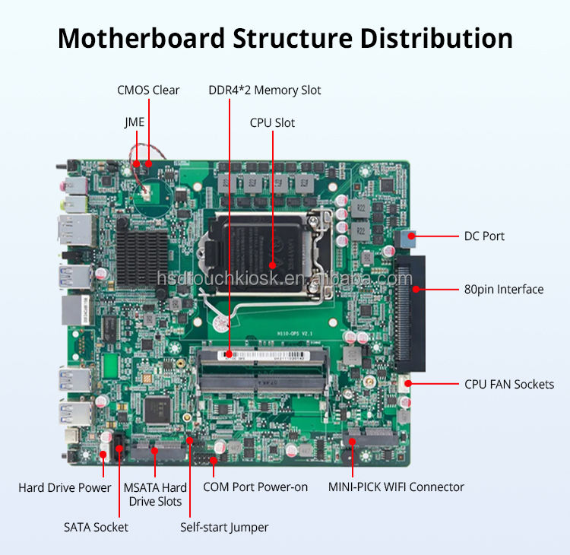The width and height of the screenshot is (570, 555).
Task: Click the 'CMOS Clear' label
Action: (148, 90)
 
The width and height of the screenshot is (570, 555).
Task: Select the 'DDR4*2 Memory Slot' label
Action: (264, 90)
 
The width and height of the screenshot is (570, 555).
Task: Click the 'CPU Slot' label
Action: (272, 122)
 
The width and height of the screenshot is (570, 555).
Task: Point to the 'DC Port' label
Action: (484, 236)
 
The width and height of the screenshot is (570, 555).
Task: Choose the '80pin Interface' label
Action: (504, 289)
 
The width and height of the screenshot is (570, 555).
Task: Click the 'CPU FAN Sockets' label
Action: (509, 384)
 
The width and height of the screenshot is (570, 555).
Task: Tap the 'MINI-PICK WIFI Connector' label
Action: (396, 487)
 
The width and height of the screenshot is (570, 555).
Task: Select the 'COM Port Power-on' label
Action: (255, 487)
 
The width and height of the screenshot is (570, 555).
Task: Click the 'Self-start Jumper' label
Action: (224, 527)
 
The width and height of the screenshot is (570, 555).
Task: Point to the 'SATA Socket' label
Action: (96, 527)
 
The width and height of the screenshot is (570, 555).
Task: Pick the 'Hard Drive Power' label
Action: (65, 487)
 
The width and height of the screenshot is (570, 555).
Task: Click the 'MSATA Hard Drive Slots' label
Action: (155, 494)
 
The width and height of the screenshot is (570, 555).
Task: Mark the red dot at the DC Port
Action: (411, 236)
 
